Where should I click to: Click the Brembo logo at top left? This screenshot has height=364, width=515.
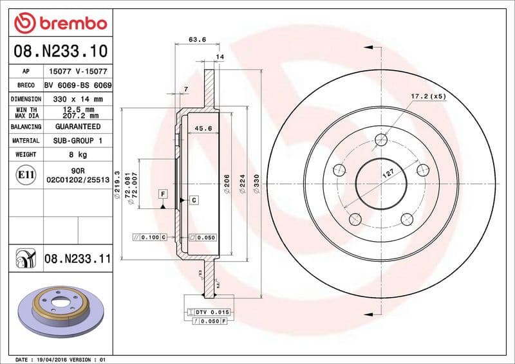[x=59, y=23]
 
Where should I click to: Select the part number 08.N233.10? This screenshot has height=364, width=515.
[x=59, y=50]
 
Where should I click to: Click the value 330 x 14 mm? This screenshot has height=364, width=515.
[x=78, y=99]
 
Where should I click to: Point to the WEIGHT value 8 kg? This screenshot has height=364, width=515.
[x=78, y=154]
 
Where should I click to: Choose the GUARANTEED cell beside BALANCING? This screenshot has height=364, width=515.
[x=78, y=127]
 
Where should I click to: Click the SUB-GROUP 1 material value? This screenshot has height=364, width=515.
[x=78, y=140]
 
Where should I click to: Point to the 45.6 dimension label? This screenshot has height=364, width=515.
[x=203, y=129]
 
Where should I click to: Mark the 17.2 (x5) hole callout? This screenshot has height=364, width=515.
[x=428, y=96]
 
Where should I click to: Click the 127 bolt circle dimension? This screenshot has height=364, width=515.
[x=388, y=173]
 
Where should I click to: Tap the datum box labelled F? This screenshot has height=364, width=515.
[x=163, y=194]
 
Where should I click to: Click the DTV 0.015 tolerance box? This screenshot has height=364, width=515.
[x=211, y=311]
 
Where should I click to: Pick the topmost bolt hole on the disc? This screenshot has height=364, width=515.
[x=382, y=139]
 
